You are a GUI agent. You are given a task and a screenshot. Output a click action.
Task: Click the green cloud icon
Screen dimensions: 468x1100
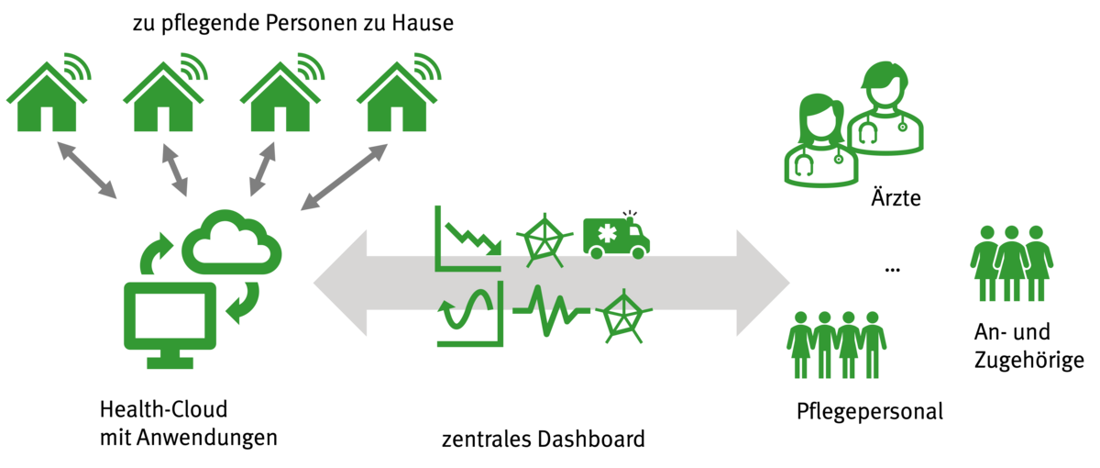(x=232, y=243)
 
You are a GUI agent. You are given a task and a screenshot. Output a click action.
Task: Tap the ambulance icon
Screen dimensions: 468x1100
(x=617, y=236)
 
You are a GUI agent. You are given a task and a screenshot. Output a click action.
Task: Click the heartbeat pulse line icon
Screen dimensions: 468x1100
(x=550, y=313)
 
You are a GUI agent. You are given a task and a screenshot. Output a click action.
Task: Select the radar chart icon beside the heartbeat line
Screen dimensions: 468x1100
(x=624, y=316)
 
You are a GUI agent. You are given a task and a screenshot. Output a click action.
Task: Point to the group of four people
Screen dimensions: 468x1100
(x=836, y=345)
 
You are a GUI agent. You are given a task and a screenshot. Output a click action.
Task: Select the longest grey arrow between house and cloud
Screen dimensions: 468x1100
(x=345, y=177)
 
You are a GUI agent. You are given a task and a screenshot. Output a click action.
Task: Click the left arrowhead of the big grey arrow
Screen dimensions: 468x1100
(x=340, y=284)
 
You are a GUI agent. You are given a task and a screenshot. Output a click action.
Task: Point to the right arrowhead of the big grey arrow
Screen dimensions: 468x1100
(x=764, y=284)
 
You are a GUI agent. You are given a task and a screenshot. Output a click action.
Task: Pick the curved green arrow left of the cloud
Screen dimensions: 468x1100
(x=154, y=253)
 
